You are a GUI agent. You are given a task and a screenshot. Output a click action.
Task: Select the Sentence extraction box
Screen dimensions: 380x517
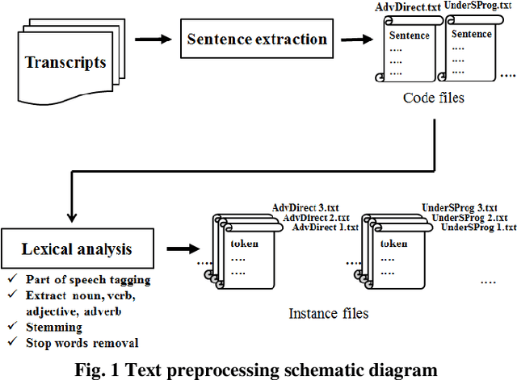click(x=257, y=39)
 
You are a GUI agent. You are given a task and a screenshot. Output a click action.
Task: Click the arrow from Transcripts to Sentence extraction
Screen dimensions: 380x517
click(x=153, y=38)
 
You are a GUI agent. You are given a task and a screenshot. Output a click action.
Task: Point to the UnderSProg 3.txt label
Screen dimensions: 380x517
click(x=459, y=207)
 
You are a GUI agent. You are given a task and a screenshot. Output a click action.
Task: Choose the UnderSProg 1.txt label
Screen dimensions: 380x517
click(x=476, y=228)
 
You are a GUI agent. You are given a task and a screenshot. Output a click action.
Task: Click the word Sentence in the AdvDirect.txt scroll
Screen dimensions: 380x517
click(x=410, y=35)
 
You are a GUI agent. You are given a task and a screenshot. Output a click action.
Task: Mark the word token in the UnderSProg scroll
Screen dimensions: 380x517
click(x=393, y=244)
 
